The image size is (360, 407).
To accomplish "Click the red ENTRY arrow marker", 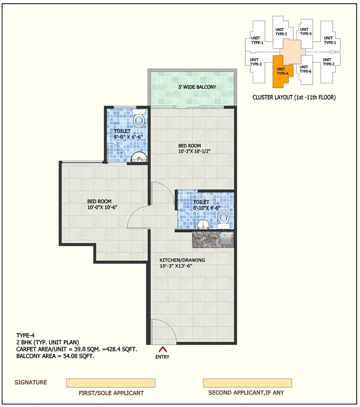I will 162,349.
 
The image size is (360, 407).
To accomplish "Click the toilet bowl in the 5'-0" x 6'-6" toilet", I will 139,120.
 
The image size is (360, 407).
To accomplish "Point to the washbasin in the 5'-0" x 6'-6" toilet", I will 139,156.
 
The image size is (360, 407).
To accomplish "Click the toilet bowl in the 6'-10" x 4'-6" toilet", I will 223,218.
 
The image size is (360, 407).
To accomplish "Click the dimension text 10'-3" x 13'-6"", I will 182,267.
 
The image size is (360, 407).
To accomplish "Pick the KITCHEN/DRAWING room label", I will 182,260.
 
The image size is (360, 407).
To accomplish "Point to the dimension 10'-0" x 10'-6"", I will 102,208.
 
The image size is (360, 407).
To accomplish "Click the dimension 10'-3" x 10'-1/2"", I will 194,152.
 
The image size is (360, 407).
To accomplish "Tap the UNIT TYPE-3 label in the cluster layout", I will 284,32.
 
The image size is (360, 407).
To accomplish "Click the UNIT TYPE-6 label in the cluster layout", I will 306,69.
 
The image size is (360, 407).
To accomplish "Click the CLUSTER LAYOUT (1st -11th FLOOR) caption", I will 294,97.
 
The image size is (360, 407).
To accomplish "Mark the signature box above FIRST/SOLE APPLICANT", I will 111,383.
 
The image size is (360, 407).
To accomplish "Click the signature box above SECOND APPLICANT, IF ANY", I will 247,383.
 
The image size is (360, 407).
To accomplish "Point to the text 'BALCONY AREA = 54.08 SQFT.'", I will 55,356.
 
